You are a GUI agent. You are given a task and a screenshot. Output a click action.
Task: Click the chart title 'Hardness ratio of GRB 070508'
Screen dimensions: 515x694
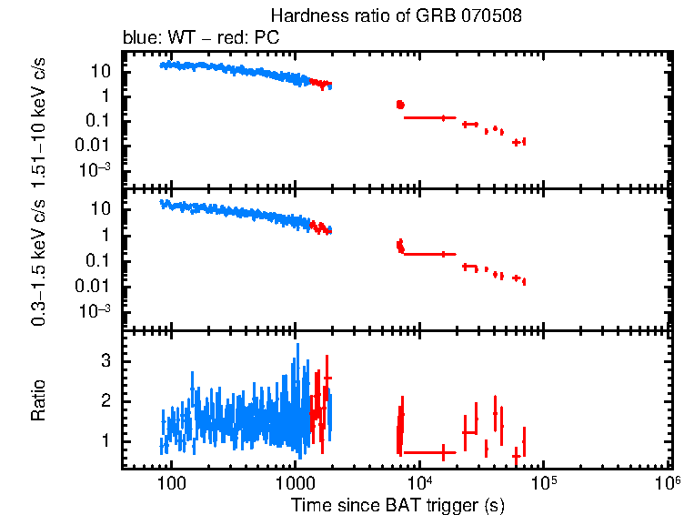(396, 17)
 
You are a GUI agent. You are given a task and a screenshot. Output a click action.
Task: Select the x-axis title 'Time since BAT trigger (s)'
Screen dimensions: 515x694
(397, 503)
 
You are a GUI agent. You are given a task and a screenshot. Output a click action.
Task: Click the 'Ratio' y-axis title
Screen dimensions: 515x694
(39, 400)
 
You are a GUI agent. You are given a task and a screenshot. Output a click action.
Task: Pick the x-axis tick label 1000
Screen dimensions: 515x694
(295, 481)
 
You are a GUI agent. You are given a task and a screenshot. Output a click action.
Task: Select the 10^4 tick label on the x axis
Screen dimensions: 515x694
(419, 480)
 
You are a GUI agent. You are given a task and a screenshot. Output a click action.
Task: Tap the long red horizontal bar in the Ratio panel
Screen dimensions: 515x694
(428, 452)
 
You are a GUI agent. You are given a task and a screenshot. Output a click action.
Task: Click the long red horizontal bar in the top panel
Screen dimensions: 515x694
(428, 117)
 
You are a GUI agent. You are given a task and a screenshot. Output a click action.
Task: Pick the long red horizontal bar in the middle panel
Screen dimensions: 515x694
(428, 254)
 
